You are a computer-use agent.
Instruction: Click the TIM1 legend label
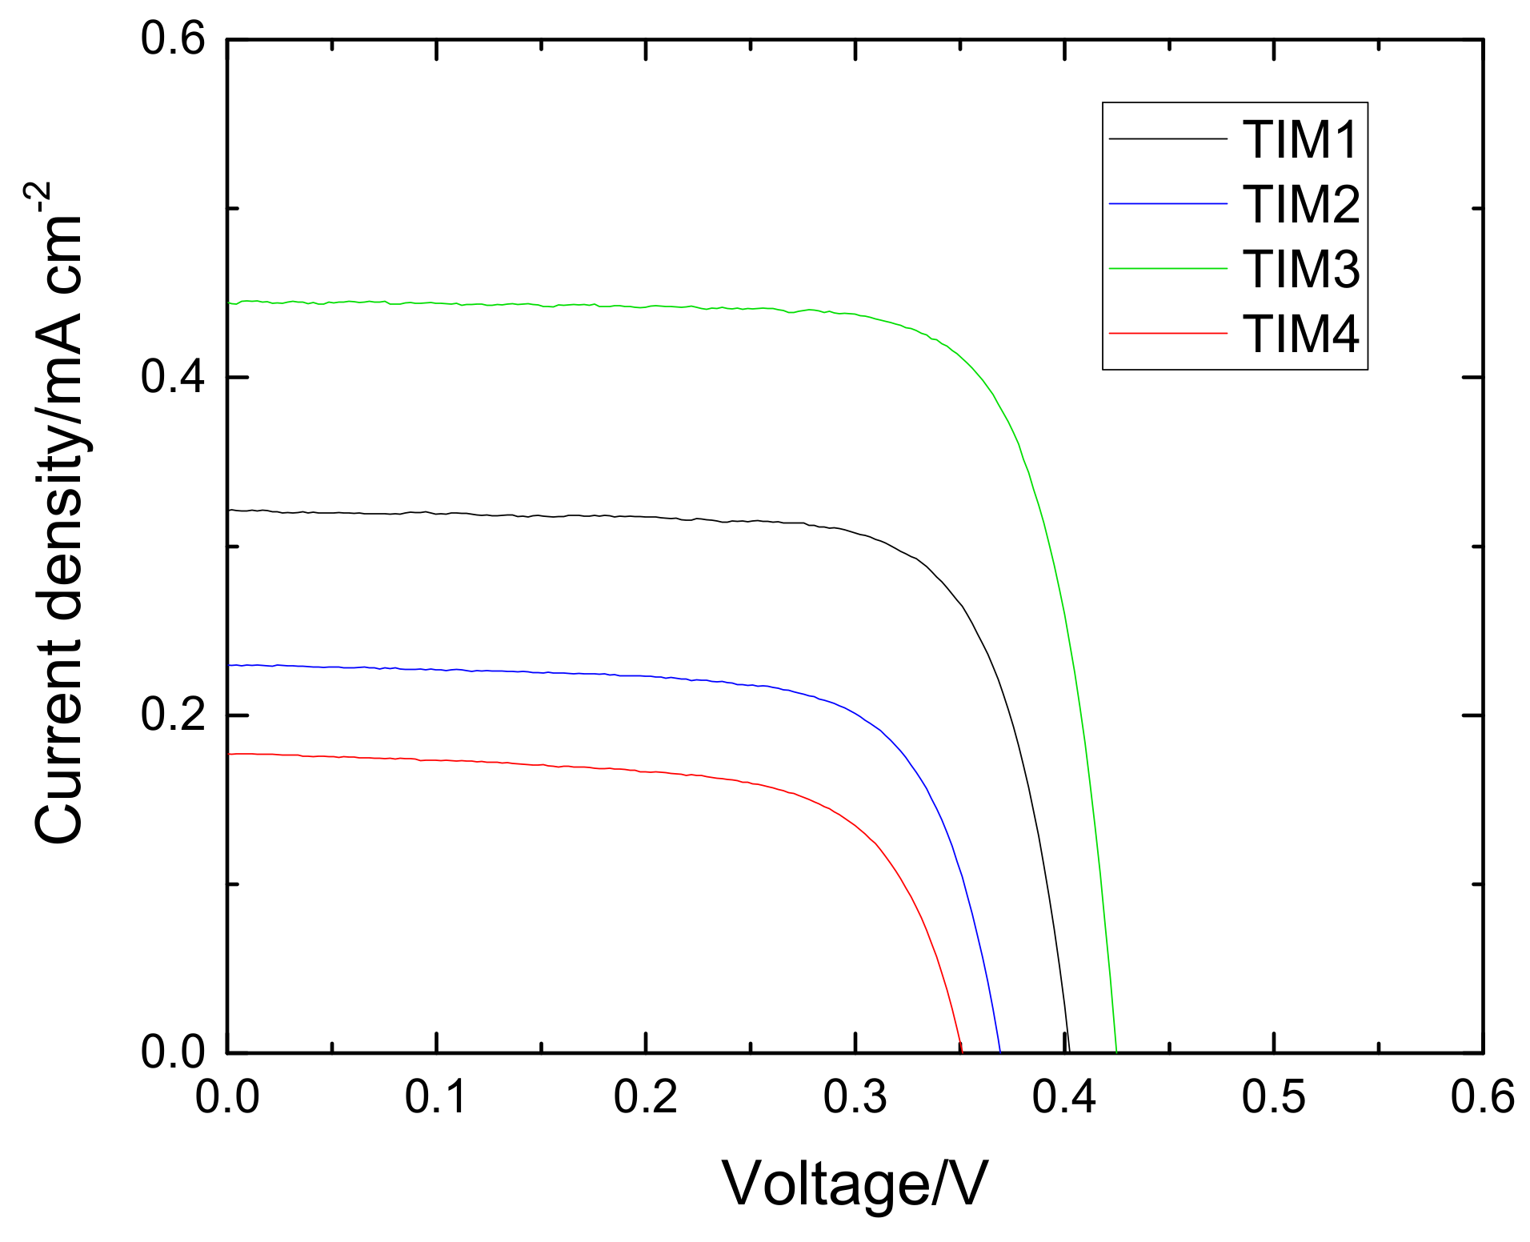click(x=1300, y=139)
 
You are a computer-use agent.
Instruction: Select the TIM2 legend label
click(x=1300, y=204)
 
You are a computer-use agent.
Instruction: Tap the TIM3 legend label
click(x=1300, y=269)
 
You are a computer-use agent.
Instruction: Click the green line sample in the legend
click(x=1168, y=269)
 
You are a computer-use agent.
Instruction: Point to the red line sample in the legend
click(x=1168, y=333)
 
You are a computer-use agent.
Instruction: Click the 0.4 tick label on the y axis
click(x=173, y=377)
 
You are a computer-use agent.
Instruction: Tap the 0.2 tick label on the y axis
click(x=173, y=715)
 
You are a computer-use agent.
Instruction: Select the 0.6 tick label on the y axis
click(x=173, y=39)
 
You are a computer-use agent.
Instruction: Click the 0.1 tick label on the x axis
click(x=436, y=1097)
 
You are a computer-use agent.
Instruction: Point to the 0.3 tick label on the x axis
click(x=855, y=1097)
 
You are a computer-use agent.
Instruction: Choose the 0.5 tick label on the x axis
click(x=1273, y=1097)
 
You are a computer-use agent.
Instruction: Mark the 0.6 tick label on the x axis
click(x=1483, y=1097)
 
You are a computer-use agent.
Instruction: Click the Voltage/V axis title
click(x=855, y=1184)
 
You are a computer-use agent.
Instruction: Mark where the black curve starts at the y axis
click(x=230, y=510)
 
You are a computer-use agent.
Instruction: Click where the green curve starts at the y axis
click(x=230, y=302)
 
